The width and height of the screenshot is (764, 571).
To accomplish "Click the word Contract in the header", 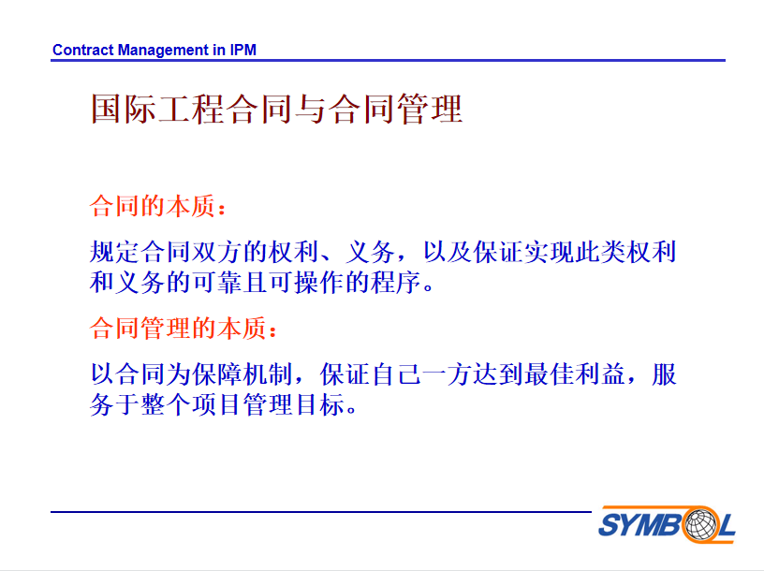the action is tap(82, 50).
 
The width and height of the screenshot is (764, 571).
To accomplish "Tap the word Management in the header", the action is tap(163, 51).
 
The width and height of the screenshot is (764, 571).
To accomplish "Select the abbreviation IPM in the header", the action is tap(243, 50).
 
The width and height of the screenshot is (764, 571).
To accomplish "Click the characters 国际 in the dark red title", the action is tap(125, 109).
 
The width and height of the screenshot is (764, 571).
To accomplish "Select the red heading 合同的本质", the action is tap(153, 206).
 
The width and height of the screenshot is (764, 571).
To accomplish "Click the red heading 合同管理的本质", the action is tap(178, 328).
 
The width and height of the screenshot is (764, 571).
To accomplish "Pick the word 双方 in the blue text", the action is tap(217, 252).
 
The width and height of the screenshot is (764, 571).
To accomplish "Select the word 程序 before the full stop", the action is tap(396, 283).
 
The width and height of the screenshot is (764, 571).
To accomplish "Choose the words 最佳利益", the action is tap(575, 374).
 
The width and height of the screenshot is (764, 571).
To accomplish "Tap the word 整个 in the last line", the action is tap(166, 405).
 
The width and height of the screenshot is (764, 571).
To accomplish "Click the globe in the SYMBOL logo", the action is tap(701, 524).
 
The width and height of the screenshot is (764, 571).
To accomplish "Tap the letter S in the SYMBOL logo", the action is tap(610, 525).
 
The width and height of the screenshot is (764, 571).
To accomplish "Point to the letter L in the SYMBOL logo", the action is tap(726, 525).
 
